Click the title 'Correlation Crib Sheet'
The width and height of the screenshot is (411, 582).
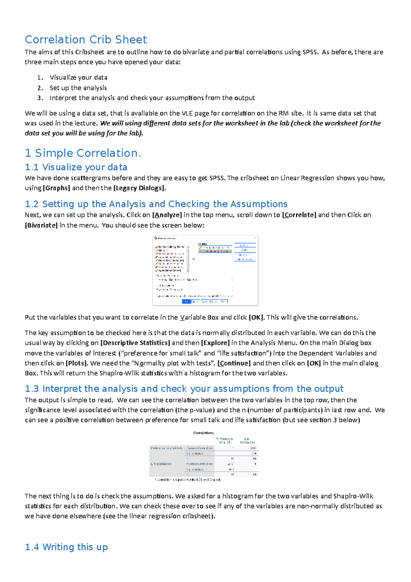(86, 39)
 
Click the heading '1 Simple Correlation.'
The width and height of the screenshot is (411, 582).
(83, 153)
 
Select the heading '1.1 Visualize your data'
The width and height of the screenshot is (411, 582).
(76, 167)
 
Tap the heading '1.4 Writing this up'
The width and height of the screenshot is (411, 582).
(66, 547)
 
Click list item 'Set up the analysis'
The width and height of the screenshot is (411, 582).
(78, 88)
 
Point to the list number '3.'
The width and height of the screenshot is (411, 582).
(40, 98)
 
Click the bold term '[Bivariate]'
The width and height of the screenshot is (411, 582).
(41, 225)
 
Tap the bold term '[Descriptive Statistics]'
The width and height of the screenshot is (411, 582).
(135, 343)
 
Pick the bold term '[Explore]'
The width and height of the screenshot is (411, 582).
(215, 343)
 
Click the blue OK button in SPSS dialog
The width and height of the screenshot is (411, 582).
(186, 301)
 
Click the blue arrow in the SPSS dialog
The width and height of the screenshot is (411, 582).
(194, 259)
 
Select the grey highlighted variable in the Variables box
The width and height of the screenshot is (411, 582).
(215, 251)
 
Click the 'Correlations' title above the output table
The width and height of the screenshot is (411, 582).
(203, 433)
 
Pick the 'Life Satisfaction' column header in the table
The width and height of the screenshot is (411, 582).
(247, 440)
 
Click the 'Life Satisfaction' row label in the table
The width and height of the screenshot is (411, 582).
(161, 464)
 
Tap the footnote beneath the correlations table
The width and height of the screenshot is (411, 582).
(188, 480)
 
